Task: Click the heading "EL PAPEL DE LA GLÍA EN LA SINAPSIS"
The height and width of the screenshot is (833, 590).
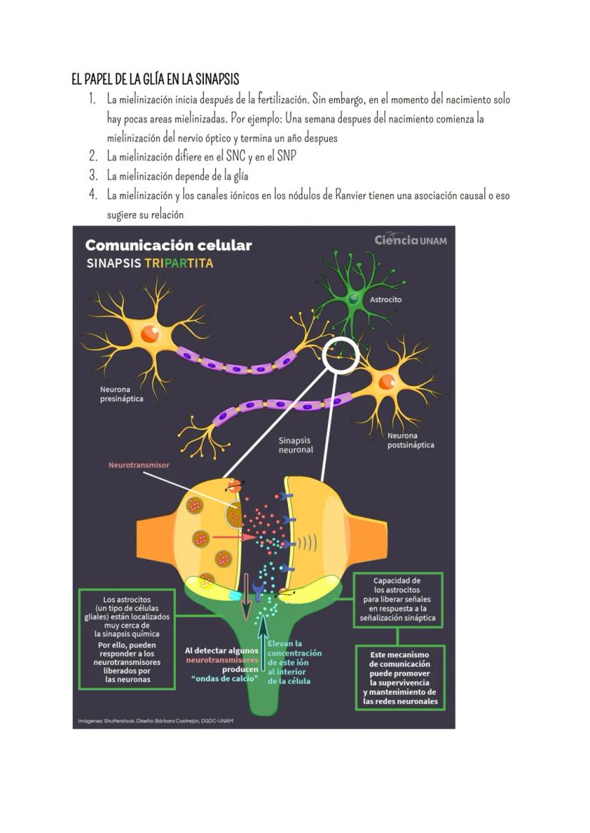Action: (x=160, y=79)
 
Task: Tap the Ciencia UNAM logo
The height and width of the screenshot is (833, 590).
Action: (x=410, y=240)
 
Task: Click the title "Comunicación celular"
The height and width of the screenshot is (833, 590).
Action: (x=168, y=245)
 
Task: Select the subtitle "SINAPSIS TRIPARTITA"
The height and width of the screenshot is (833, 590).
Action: (x=149, y=263)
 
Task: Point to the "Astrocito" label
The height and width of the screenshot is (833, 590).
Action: (x=385, y=299)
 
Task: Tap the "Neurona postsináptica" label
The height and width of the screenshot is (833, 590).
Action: (x=410, y=440)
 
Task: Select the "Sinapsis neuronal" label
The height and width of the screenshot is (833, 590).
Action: (x=295, y=445)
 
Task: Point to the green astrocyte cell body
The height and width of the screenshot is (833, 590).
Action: (x=354, y=299)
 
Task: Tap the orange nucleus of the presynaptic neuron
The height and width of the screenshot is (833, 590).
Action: (x=150, y=333)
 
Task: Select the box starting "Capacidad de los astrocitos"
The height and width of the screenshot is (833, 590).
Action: (x=397, y=599)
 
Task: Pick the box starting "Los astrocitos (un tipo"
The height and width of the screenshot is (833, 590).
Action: (x=128, y=638)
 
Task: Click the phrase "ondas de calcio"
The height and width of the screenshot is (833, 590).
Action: (x=225, y=680)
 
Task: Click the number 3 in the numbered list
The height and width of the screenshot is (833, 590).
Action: (x=93, y=175)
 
